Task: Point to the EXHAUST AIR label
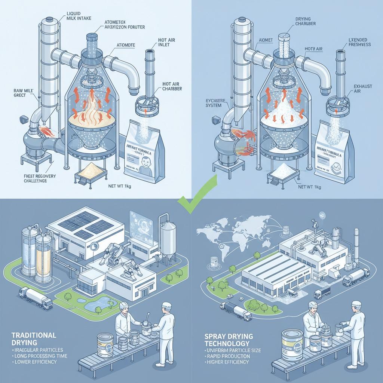click(x=363, y=89)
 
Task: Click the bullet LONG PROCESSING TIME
click(x=40, y=356)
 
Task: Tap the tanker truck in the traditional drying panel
click(x=36, y=297)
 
